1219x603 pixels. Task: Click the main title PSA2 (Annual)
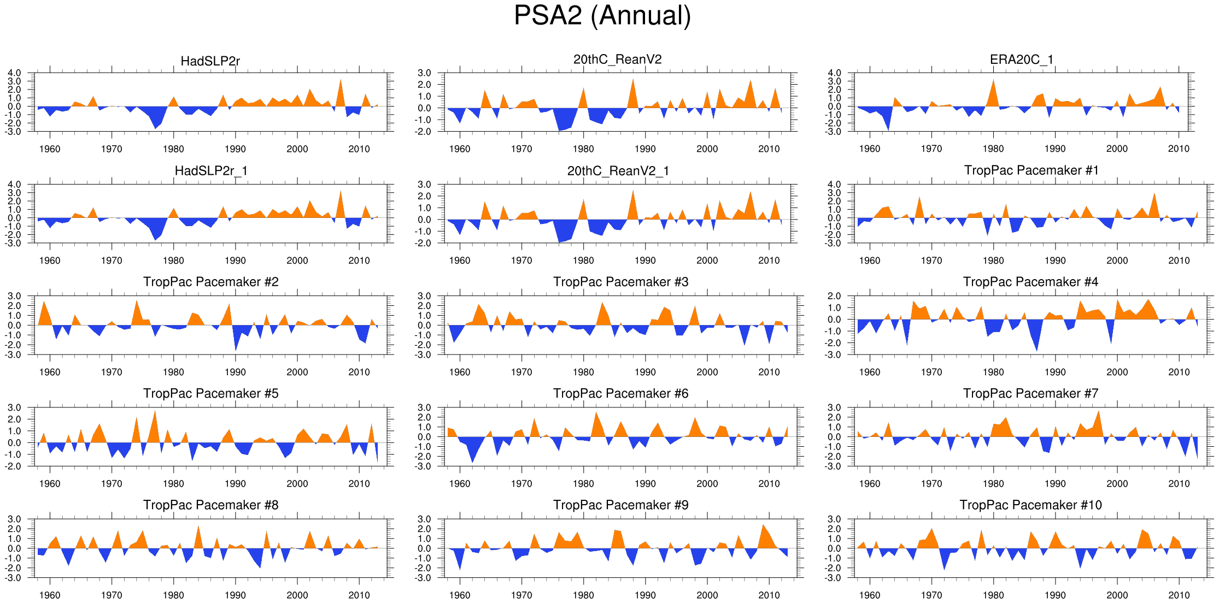click(x=602, y=16)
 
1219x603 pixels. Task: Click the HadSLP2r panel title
click(x=210, y=61)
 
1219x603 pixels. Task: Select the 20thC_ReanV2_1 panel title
click(x=618, y=171)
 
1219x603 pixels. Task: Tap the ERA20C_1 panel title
click(x=1021, y=60)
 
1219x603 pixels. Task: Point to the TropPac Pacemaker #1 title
click(x=1031, y=170)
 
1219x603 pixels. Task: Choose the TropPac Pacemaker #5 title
click(x=210, y=393)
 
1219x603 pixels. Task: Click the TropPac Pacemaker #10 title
click(x=1030, y=505)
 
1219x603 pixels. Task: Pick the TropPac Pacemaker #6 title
click(x=620, y=393)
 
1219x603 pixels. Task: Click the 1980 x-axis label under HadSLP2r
click(x=173, y=149)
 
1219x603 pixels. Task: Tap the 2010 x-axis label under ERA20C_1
click(x=1179, y=149)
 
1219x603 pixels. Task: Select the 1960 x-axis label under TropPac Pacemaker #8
click(x=50, y=595)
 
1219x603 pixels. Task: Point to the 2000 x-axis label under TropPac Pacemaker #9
click(x=707, y=595)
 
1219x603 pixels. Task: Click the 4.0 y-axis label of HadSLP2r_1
click(x=15, y=185)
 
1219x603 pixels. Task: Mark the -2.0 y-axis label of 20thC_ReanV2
click(x=424, y=132)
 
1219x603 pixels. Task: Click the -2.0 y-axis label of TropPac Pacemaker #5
click(x=15, y=466)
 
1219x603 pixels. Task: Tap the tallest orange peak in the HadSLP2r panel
click(x=341, y=81)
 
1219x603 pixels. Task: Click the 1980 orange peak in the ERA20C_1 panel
click(x=993, y=81)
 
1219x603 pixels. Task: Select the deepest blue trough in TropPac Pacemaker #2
click(x=236, y=350)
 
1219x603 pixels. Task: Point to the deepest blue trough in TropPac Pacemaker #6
click(x=472, y=462)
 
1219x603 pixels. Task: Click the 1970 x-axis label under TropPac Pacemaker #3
click(x=521, y=372)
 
